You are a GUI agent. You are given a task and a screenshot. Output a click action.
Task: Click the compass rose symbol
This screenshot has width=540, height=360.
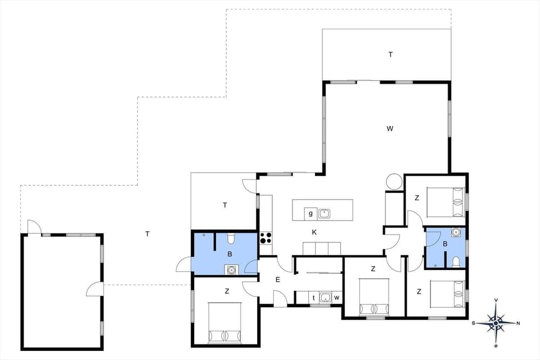pos(496,322)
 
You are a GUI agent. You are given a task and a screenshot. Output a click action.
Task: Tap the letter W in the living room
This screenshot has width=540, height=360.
pos(390,129)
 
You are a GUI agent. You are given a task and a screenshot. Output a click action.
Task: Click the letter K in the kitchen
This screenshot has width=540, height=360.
pos(315,232)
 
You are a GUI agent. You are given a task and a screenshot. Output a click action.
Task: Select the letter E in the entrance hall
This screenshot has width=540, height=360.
pos(277,279)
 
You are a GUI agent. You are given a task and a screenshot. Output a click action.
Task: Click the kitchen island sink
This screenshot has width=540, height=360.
pos(325,213)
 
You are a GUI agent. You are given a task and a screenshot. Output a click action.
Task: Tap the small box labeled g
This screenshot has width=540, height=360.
pos(310,213)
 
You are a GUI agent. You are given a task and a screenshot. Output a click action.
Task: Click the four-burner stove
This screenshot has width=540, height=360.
pos(265,238)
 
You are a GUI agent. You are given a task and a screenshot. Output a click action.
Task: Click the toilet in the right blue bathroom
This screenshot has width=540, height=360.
pos(456,261)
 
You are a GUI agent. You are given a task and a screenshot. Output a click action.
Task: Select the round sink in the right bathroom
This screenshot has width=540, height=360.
pos(456,233)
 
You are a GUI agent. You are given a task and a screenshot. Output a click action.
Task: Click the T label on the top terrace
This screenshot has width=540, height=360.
pos(390,55)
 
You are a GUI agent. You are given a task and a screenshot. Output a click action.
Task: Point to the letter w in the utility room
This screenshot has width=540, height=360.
pos(336,298)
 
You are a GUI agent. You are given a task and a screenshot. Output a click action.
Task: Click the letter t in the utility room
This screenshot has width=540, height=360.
pos(314,298)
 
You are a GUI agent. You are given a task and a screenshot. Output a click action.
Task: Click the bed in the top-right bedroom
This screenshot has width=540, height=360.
pos(447,202)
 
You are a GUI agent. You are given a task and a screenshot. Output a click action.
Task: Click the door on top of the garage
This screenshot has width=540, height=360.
pos(34,227)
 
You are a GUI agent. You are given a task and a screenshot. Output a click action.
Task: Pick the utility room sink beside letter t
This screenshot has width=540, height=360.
pos(325,298)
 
